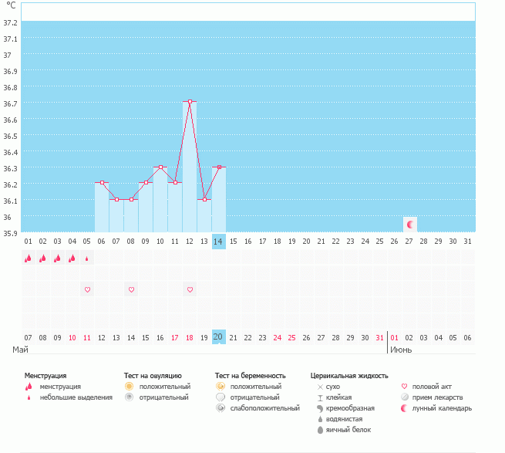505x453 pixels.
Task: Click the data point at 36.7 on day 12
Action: pos(190,102)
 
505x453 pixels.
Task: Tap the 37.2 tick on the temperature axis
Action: pos(11,22)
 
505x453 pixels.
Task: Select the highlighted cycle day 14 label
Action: pos(219,242)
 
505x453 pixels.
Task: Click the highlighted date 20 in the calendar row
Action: pos(219,337)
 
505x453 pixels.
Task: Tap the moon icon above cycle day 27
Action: pos(410,224)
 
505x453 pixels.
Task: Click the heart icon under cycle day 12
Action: pos(190,289)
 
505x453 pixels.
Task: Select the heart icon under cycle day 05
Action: pos(87,289)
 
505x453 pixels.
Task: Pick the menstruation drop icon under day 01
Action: pos(29,259)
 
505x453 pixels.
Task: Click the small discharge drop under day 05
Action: pos(87,259)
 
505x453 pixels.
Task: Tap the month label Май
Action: pos(21,350)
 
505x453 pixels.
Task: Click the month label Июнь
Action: pos(400,350)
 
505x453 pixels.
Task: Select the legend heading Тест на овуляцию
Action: pos(153,375)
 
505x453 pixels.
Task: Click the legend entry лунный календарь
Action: pos(442,407)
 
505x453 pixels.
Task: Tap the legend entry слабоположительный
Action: pos(264,407)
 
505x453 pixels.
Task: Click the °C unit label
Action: pos(11,5)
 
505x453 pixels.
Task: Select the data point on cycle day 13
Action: pos(204,199)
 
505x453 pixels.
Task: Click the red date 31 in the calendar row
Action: pos(379,337)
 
